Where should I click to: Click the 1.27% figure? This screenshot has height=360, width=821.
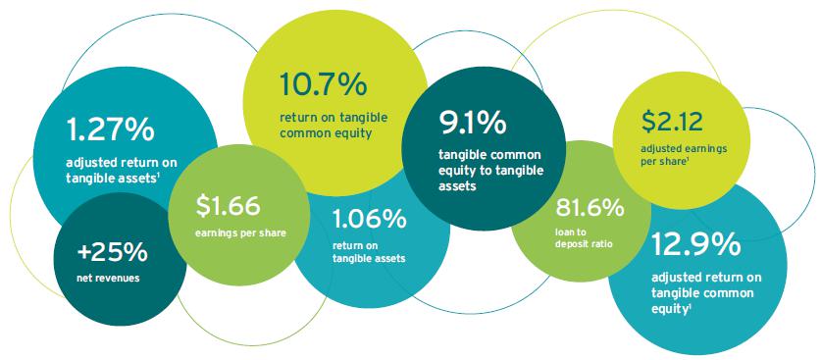(111, 129)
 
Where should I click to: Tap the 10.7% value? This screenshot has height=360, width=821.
(323, 84)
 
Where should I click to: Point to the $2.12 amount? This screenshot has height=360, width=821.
(672, 122)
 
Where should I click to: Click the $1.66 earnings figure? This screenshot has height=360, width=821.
(228, 206)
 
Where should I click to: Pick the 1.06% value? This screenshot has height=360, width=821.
(369, 220)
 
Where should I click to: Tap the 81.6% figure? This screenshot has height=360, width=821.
(590, 208)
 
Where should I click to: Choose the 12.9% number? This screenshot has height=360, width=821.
(695, 244)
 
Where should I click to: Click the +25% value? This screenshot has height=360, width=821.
(112, 253)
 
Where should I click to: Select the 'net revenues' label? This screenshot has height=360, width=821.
(108, 278)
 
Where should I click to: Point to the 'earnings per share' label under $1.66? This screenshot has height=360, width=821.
(241, 233)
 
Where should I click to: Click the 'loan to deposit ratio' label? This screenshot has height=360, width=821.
(584, 237)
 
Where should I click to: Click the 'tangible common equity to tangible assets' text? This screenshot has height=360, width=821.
(491, 171)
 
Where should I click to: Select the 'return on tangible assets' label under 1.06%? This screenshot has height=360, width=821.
(369, 252)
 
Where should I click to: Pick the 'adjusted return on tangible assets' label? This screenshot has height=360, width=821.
(122, 171)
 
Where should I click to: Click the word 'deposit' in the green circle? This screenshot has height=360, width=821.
(572, 243)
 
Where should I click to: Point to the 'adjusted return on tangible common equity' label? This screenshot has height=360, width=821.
(706, 292)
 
